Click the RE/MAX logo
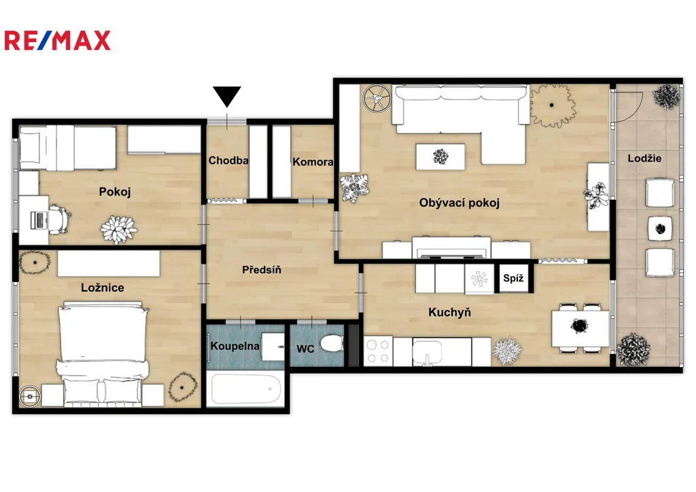pyautogui.click(x=57, y=40)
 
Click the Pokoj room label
pyautogui.click(x=115, y=192)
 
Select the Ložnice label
pyautogui.click(x=103, y=287)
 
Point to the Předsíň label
pyautogui.click(x=262, y=270)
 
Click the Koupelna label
pyautogui.click(x=234, y=346)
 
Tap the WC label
pyautogui.click(x=305, y=349)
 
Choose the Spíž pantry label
pyautogui.click(x=514, y=279)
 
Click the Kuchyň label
pyautogui.click(x=450, y=313)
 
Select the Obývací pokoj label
pyautogui.click(x=459, y=203)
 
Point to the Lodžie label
pyautogui.click(x=644, y=158)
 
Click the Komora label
pyautogui.click(x=313, y=162)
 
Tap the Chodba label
pyautogui.click(x=228, y=160)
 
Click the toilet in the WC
pyautogui.click(x=331, y=343)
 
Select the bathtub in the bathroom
pyautogui.click(x=246, y=389)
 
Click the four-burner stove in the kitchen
pyautogui.click(x=378, y=351)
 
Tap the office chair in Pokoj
pyautogui.click(x=59, y=219)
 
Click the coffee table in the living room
pyautogui.click(x=440, y=156)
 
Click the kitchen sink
pyautogui.click(x=427, y=352)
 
